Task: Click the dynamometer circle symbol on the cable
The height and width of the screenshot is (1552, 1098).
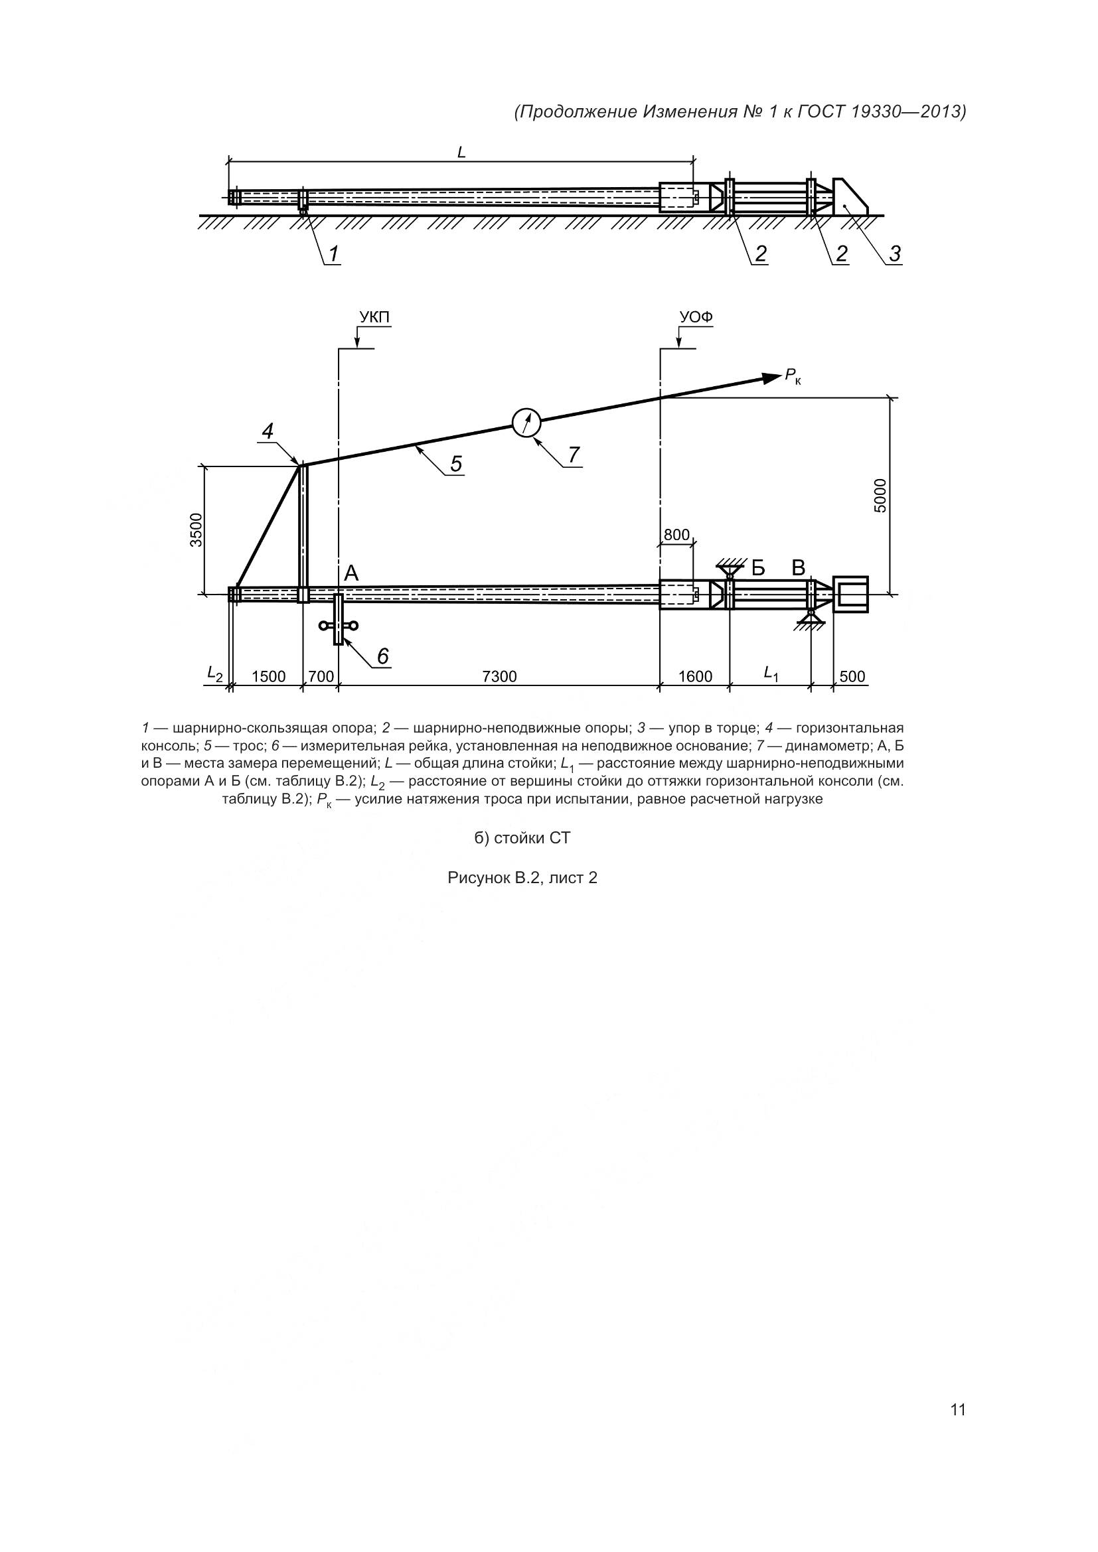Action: (x=526, y=423)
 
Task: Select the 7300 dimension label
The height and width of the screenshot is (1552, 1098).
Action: (x=499, y=677)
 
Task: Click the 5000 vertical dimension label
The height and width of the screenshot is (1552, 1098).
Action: (x=880, y=496)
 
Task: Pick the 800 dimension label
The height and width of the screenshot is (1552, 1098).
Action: (x=676, y=535)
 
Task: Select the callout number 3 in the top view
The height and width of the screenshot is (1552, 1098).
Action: (x=894, y=254)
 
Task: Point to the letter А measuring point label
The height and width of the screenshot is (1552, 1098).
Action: (x=351, y=574)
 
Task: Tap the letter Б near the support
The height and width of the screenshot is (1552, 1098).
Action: (x=758, y=568)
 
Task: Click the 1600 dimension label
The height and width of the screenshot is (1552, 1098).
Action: (x=695, y=677)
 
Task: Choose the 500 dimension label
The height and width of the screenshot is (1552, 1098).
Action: (x=852, y=677)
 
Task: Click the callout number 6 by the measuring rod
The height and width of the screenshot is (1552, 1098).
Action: (x=382, y=655)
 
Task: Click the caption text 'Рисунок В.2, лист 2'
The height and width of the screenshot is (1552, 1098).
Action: (x=522, y=878)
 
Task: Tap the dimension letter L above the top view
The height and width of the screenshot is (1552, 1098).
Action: (x=462, y=152)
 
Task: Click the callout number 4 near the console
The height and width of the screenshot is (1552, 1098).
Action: (x=268, y=431)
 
